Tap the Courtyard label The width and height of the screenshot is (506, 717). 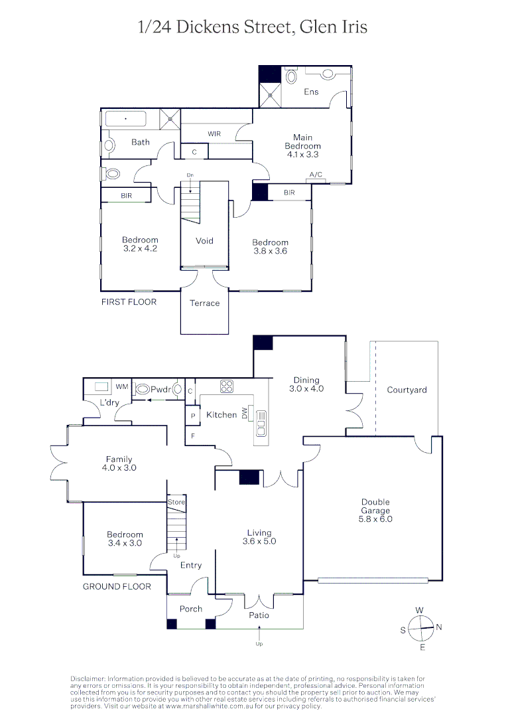click(x=407, y=390)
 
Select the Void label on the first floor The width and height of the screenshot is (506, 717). click(x=204, y=241)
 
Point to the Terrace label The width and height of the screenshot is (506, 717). click(x=204, y=303)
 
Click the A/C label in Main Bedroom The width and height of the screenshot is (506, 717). click(x=316, y=175)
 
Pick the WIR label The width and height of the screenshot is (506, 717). click(x=214, y=133)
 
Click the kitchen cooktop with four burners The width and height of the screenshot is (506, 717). click(x=227, y=386)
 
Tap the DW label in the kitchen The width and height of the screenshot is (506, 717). click(x=245, y=414)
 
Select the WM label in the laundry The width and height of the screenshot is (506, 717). click(x=122, y=386)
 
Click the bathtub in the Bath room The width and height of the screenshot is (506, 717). click(x=126, y=120)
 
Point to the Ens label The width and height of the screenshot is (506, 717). click(x=311, y=92)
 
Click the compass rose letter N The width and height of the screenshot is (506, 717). click(x=439, y=626)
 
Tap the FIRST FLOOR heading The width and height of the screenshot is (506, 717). click(x=129, y=302)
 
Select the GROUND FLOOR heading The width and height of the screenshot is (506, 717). click(x=117, y=586)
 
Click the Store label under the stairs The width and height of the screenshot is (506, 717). click(x=176, y=503)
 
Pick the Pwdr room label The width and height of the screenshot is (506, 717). click(x=161, y=390)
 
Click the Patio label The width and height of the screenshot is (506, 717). click(x=259, y=615)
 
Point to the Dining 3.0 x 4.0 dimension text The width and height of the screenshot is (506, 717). click(x=306, y=389)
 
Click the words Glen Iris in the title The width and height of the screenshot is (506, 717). click(x=334, y=27)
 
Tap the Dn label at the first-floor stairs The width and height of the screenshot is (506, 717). click(x=190, y=175)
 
